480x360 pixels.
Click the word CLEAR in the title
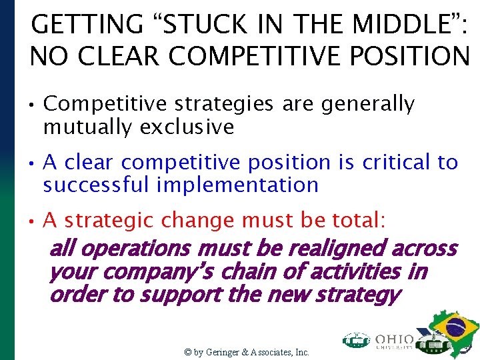[x=124, y=57]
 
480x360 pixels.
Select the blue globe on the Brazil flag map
[x=455, y=328]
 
